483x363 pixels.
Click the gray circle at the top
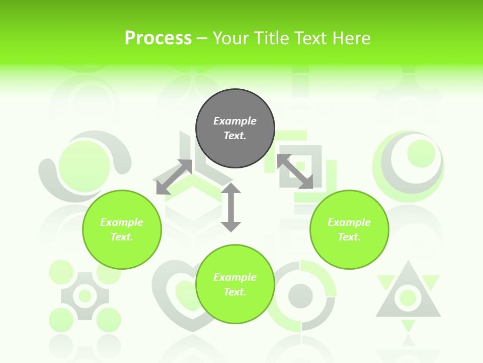pyautogui.click(x=235, y=129)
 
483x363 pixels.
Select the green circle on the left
pyautogui.click(x=122, y=229)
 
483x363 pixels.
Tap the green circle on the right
pyautogui.click(x=349, y=229)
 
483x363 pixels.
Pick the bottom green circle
pyautogui.click(x=235, y=284)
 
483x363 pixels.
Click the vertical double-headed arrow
pyautogui.click(x=231, y=207)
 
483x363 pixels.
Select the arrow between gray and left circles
pyautogui.click(x=174, y=177)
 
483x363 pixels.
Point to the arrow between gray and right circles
pyautogui.click(x=295, y=171)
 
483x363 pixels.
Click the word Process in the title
pyautogui.click(x=158, y=38)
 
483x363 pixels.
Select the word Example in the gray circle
pyautogui.click(x=235, y=121)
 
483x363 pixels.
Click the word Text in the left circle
pyautogui.click(x=122, y=237)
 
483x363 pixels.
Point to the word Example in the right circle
pyautogui.click(x=349, y=222)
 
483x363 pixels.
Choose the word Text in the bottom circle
pyautogui.click(x=235, y=292)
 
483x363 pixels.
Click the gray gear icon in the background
pyautogui.click(x=85, y=296)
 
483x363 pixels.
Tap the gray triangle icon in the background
pyautogui.click(x=408, y=297)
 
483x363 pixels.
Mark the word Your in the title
pyautogui.click(x=231, y=38)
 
